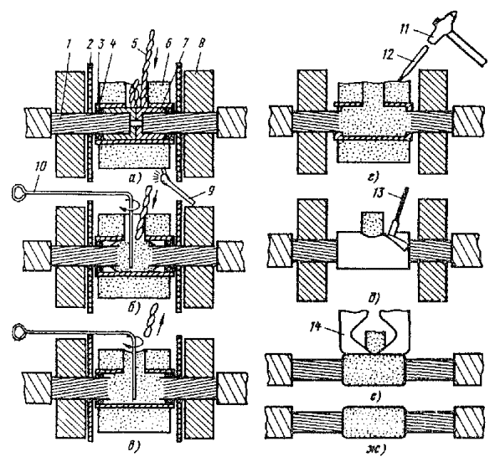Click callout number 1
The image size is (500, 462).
click(x=70, y=44)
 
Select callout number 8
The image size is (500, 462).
click(x=203, y=43)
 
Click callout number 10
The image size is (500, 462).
click(x=41, y=166)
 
